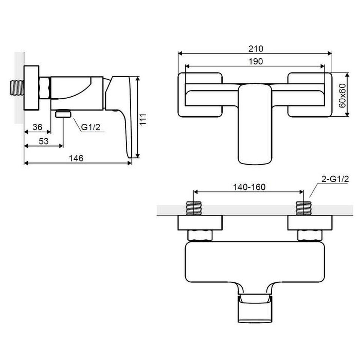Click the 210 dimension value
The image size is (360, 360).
(x=255, y=49)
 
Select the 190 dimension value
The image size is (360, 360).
(x=255, y=61)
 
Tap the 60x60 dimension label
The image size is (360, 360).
(x=342, y=95)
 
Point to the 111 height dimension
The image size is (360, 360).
(x=143, y=119)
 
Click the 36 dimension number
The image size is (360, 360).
(x=37, y=127)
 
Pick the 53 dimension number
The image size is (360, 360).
(x=43, y=141)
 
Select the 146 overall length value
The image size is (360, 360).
(x=76, y=158)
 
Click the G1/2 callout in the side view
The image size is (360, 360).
(x=91, y=127)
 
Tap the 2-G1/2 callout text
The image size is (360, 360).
(x=335, y=179)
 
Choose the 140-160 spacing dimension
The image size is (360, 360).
(x=249, y=187)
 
